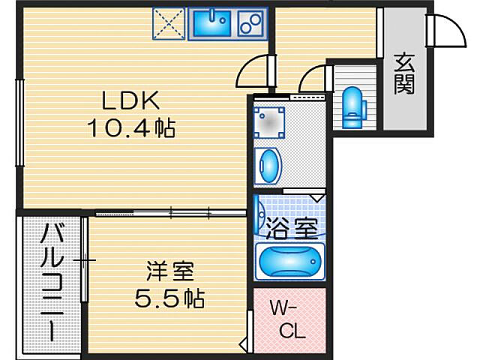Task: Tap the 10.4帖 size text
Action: pyautogui.click(x=132, y=128)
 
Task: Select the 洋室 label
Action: pyautogui.click(x=170, y=271)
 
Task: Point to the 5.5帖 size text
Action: pyautogui.click(x=169, y=298)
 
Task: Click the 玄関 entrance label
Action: pyautogui.click(x=404, y=74)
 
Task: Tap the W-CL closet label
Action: pyautogui.click(x=288, y=319)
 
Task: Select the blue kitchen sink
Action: pyautogui.click(x=211, y=24)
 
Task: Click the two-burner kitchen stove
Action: pyautogui.click(x=250, y=24)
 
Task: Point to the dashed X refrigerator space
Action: pyautogui.click(x=169, y=23)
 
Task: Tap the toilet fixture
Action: pyautogui.click(x=353, y=107)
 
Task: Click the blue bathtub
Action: pyautogui.click(x=289, y=262)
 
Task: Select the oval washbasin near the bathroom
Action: pyautogui.click(x=268, y=166)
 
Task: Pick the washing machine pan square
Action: pyautogui.click(x=269, y=122)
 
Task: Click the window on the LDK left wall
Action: pyautogui.click(x=20, y=122)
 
